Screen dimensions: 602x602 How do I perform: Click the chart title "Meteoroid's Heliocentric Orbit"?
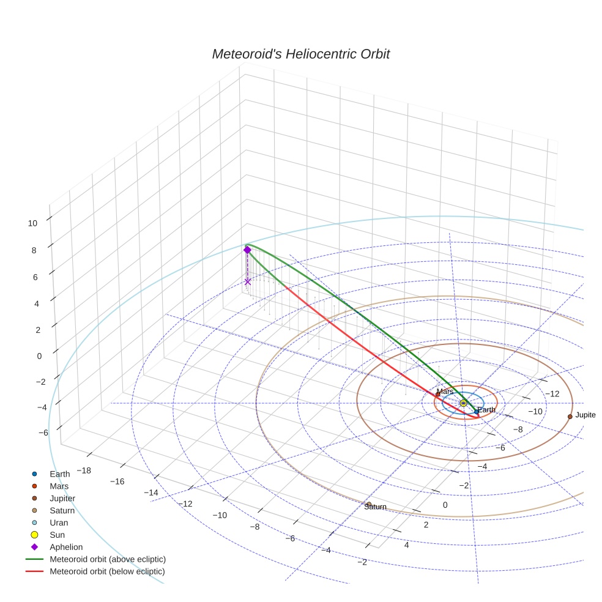pos(300,54)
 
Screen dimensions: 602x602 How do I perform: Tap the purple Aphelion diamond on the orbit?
pos(247,250)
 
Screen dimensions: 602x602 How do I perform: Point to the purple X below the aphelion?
pos(247,281)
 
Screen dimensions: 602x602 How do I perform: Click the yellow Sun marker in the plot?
pos(463,403)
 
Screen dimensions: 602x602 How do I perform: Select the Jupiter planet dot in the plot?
pos(570,416)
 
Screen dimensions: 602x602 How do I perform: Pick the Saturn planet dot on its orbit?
pos(369,504)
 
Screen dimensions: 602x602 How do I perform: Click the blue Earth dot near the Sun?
pos(477,412)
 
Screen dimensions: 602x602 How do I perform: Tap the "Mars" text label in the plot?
pos(445,392)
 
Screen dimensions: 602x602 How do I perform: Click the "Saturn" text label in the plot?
pos(375,507)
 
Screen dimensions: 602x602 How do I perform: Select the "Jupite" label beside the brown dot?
pos(585,415)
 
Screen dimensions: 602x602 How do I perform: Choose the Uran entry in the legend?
pos(59,522)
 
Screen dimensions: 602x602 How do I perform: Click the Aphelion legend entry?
pos(66,547)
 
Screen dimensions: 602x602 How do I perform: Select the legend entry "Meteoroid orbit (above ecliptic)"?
pos(108,559)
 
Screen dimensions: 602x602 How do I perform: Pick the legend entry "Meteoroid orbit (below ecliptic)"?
pos(107,571)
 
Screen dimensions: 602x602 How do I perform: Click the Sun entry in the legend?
pos(56,535)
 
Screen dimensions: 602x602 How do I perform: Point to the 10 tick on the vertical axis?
pos(32,223)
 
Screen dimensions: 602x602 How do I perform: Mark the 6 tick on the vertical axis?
pos(35,277)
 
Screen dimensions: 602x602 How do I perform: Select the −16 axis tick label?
pos(117,481)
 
